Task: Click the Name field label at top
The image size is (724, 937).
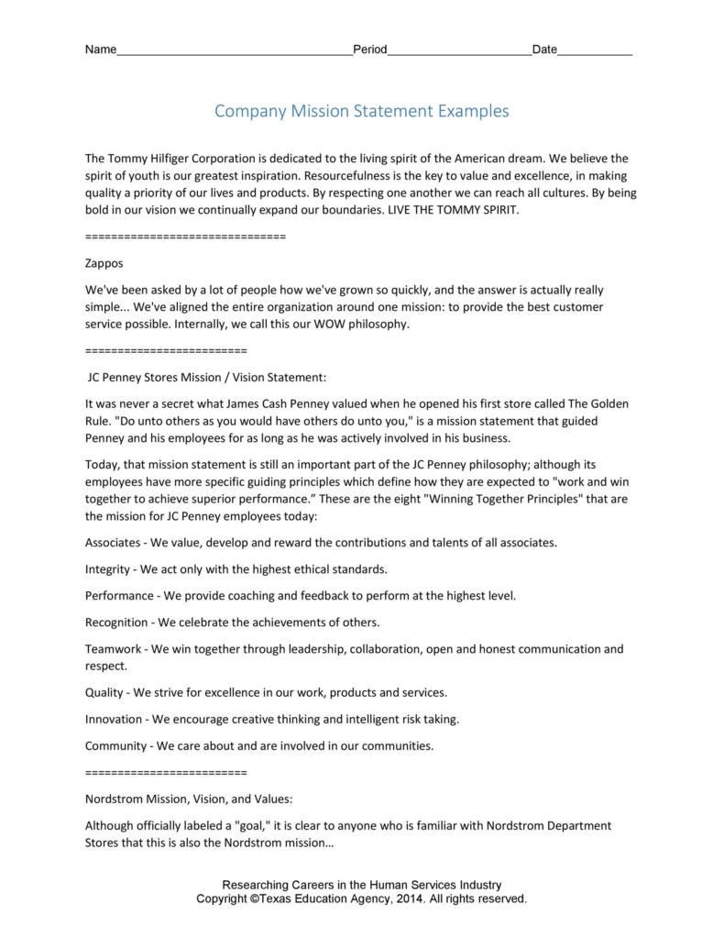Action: pyautogui.click(x=101, y=50)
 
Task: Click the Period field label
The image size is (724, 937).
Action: pyautogui.click(x=370, y=50)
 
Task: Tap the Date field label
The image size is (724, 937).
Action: pyautogui.click(x=544, y=50)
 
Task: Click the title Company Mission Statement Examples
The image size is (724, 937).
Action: pyautogui.click(x=361, y=111)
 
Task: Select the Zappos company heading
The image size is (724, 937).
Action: pyautogui.click(x=104, y=262)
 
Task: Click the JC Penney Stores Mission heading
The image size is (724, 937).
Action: pyautogui.click(x=206, y=377)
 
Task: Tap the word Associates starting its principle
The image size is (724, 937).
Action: pyautogui.click(x=113, y=542)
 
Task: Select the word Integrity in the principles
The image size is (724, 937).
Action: pyautogui.click(x=107, y=568)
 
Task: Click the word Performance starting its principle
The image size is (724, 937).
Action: pyautogui.click(x=119, y=595)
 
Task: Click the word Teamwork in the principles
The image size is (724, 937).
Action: pyautogui.click(x=114, y=649)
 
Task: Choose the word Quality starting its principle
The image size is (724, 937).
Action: pyautogui.click(x=104, y=692)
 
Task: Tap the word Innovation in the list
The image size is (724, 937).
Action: pyautogui.click(x=114, y=719)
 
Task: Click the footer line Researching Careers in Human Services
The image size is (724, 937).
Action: pyautogui.click(x=361, y=885)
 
